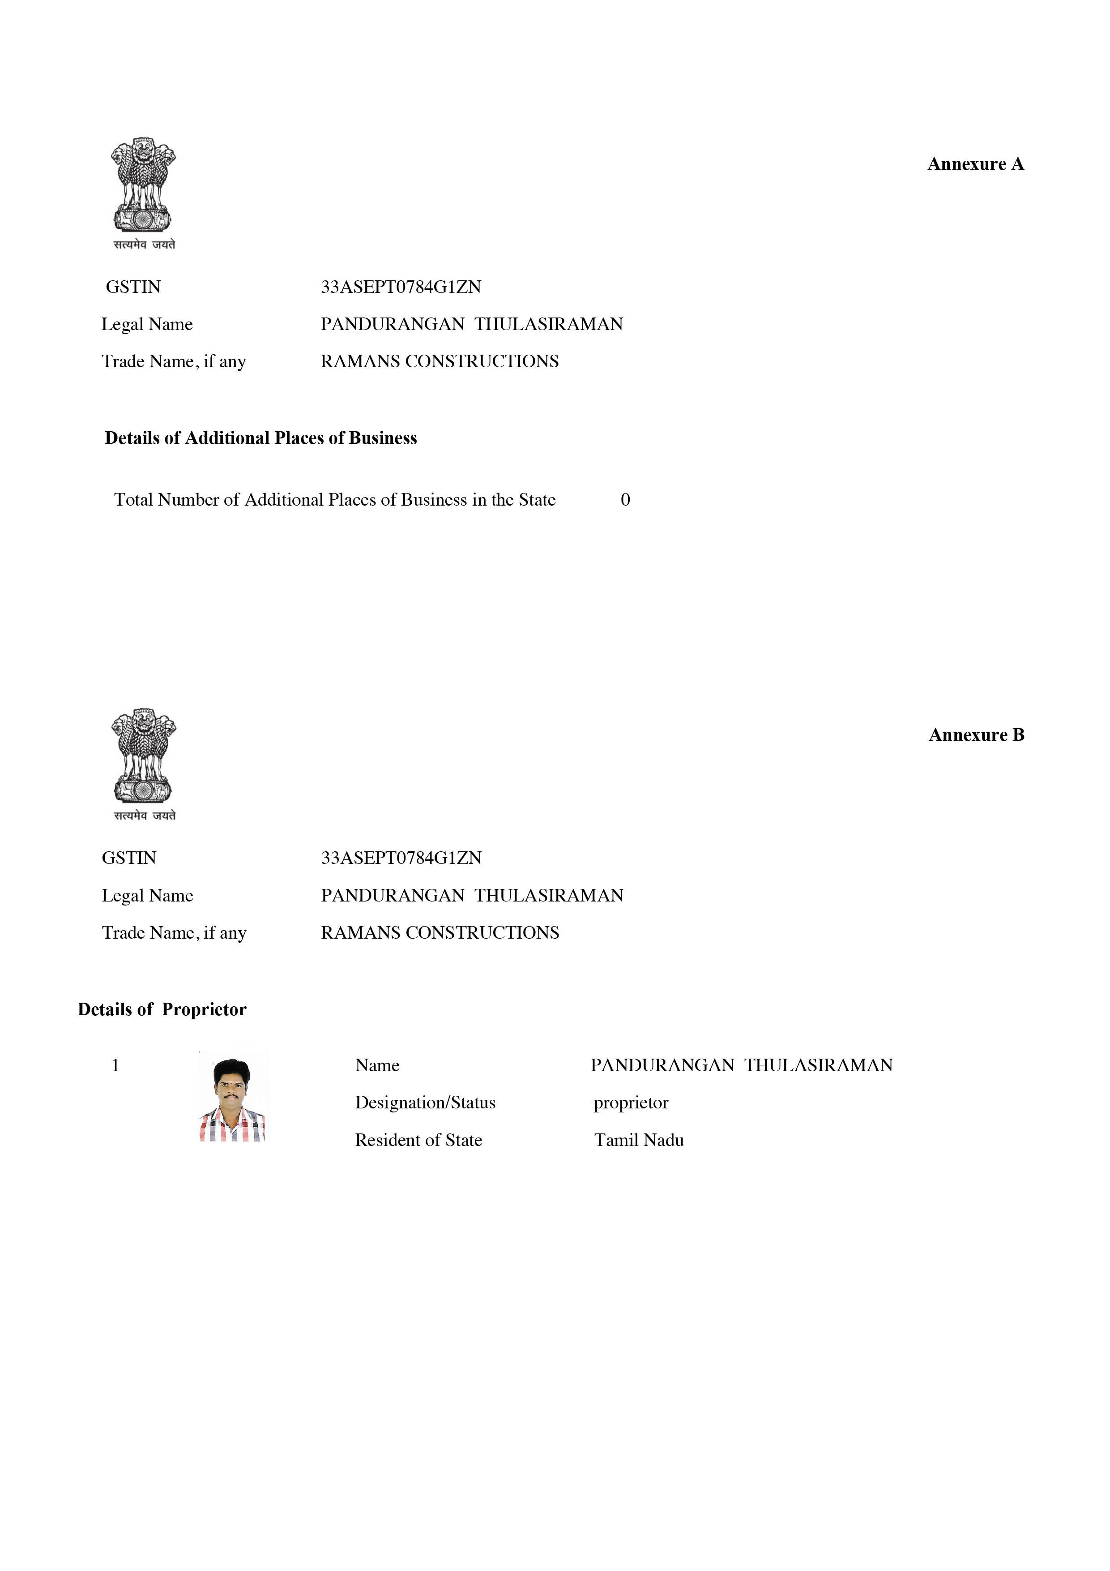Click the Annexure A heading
(975, 164)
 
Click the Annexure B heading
(976, 735)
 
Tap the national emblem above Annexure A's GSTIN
(144, 192)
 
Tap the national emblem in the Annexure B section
(144, 763)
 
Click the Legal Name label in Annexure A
(147, 324)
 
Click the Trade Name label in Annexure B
(174, 933)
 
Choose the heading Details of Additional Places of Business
(260, 438)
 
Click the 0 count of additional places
(625, 500)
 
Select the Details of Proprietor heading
(162, 1010)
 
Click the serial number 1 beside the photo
(115, 1065)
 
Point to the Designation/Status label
(425, 1103)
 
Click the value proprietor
(631, 1103)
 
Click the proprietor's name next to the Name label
(741, 1065)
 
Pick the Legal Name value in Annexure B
(472, 896)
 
